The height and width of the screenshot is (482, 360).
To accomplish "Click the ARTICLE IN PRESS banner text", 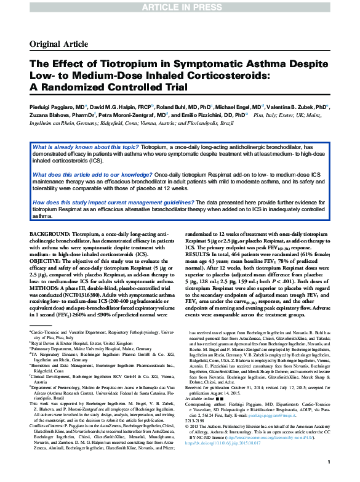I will coord(180,7).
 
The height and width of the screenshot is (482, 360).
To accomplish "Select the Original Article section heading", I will coord(59,44).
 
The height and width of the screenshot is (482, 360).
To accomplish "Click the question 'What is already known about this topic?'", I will coord(86,148).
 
